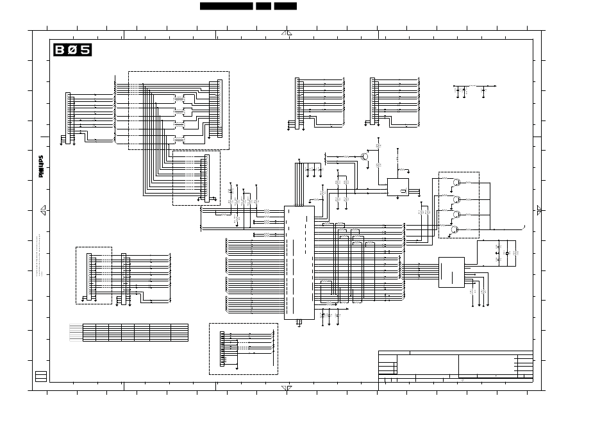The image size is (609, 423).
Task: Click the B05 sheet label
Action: coord(72,50)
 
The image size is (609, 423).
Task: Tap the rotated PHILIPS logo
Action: coord(41,166)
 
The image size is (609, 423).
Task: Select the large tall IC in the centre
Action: coord(299,262)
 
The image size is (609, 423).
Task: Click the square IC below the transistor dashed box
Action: coord(451,272)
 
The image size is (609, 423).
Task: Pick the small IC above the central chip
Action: coord(397,187)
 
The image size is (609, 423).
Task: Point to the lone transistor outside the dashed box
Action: coord(365,156)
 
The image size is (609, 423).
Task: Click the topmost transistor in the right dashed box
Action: coord(456,183)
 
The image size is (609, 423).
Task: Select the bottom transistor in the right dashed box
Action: coord(455,229)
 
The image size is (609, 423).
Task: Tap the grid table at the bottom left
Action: coord(129,333)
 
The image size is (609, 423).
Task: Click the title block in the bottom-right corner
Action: coord(455,366)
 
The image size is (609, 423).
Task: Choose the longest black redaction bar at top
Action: coord(226,6)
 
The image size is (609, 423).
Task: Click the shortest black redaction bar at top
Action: coord(263,6)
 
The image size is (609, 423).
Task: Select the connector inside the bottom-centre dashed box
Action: coord(222,349)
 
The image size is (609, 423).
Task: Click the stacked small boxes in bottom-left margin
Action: coord(41,376)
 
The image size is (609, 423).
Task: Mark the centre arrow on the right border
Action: coord(539,210)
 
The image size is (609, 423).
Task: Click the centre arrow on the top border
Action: coord(287,33)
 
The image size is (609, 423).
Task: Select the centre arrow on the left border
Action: coord(43,210)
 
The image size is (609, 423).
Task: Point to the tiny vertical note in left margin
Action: coord(39,254)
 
